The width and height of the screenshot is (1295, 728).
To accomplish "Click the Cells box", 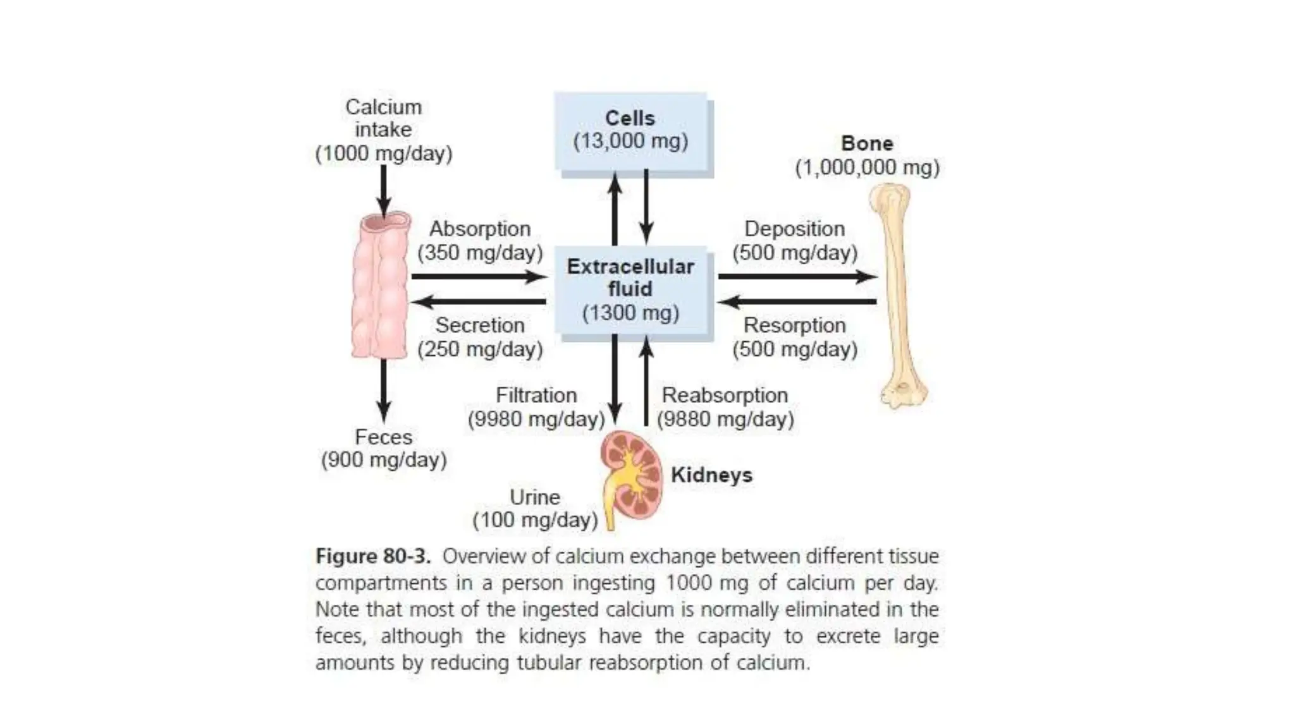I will [630, 130].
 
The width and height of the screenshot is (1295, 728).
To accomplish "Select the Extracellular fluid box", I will [630, 289].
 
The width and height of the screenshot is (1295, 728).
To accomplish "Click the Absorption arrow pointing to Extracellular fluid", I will [478, 276].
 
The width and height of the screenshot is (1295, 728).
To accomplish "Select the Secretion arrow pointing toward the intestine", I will [478, 301].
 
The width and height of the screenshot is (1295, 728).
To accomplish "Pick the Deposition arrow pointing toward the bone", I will [797, 276].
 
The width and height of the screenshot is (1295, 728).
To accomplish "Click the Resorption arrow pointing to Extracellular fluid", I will [797, 301].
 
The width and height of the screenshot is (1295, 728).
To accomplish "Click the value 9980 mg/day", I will [536, 419].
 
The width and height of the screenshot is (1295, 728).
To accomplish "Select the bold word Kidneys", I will [711, 475].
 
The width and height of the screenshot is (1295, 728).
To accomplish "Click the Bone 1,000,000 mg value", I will [867, 168].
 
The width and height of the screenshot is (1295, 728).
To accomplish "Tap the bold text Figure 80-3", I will [373, 556].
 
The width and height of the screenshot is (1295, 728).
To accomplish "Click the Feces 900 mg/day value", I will [384, 460].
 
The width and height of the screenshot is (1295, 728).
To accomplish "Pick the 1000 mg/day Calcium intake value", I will [384, 154].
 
